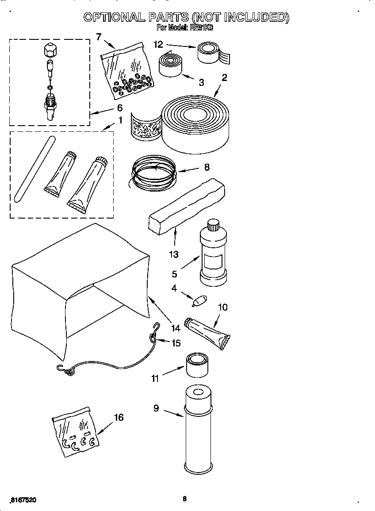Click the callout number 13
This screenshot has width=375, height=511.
[x=173, y=254]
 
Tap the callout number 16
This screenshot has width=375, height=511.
[x=119, y=417]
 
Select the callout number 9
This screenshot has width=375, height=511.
[x=156, y=408]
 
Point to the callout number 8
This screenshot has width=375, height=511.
[x=207, y=167]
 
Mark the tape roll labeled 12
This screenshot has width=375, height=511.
[x=210, y=53]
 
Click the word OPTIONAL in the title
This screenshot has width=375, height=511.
[x=114, y=17]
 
